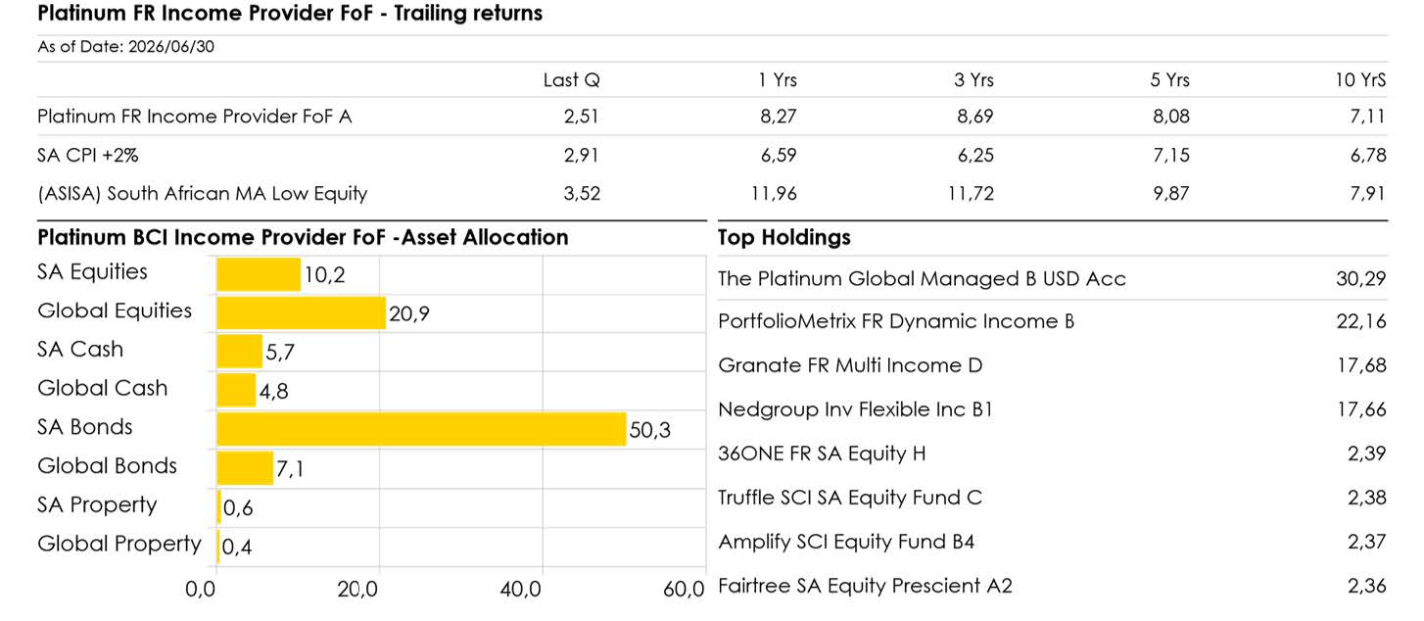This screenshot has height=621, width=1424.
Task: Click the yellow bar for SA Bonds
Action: [x=421, y=429]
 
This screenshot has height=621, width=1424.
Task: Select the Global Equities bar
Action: [x=302, y=312]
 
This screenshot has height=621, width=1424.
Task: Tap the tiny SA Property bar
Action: [x=219, y=506]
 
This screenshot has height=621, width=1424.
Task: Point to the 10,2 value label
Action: [x=325, y=274]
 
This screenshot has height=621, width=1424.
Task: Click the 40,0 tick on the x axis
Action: [x=521, y=590]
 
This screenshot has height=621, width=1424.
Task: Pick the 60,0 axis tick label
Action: [x=684, y=590]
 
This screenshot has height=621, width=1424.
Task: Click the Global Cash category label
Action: [x=103, y=388]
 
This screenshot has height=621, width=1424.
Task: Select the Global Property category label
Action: [x=119, y=544]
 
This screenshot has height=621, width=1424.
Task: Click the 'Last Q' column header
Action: [x=572, y=80]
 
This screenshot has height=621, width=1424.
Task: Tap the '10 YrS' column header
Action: [x=1360, y=80]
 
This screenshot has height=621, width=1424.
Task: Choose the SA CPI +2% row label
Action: [x=88, y=155]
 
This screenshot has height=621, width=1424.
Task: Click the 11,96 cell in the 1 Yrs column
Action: [x=774, y=193]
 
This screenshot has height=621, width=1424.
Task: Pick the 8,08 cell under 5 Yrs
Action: [x=1171, y=117]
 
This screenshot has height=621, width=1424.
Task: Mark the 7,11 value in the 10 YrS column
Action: [x=1367, y=117]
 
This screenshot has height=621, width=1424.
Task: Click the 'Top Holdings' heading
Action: [x=783, y=237]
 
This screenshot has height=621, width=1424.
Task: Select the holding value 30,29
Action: [x=1361, y=278]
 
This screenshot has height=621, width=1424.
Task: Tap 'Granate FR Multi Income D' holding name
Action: [x=850, y=365]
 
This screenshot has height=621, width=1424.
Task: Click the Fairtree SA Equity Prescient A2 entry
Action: [x=865, y=586]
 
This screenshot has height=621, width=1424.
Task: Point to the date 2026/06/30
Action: [x=171, y=47]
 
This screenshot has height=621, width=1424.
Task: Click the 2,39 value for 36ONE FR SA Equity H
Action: [x=1367, y=454]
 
